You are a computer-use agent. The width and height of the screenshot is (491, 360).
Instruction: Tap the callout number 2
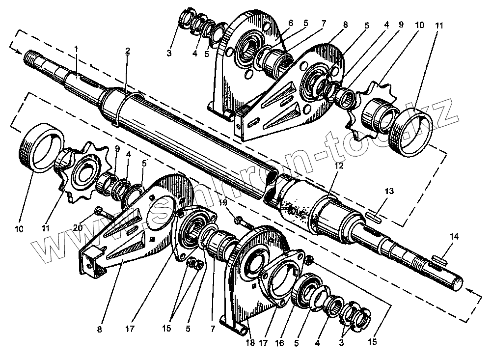pyautogui.click(x=127, y=51)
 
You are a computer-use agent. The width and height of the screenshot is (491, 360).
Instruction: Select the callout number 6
pyautogui.click(x=290, y=23)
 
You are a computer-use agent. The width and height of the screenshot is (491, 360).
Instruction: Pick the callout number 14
pyautogui.click(x=454, y=237)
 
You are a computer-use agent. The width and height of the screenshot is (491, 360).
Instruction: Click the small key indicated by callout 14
pyautogui.click(x=439, y=256)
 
